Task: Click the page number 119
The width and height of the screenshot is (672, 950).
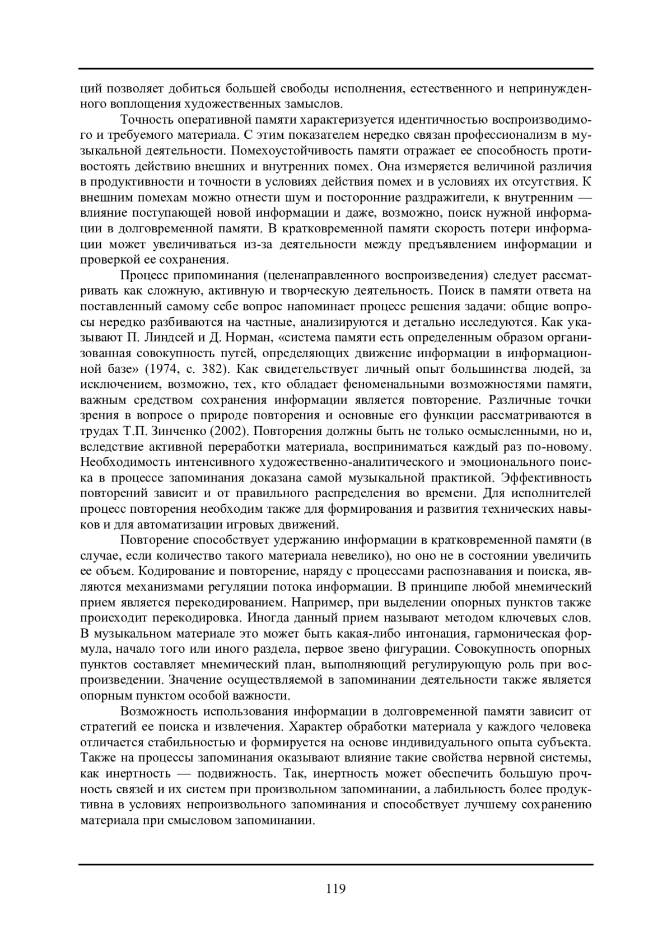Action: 335,888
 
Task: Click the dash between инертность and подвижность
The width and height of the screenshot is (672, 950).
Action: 184,774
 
